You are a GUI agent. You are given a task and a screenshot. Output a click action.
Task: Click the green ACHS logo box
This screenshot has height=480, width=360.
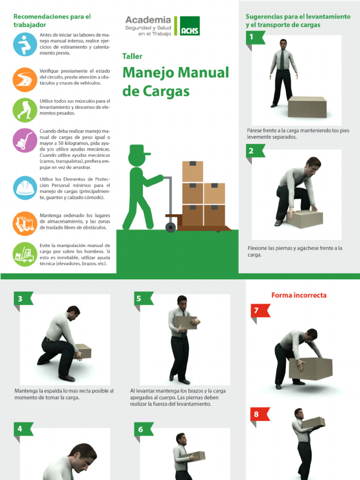(190, 26)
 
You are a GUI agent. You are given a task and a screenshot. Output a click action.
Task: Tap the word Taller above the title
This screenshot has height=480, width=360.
(132, 56)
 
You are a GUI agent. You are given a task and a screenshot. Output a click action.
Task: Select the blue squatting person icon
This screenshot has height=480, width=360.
(24, 45)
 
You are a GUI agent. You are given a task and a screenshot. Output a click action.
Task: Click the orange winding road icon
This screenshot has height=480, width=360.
(24, 79)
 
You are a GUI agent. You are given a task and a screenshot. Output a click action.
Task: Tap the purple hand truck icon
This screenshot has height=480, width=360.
(24, 140)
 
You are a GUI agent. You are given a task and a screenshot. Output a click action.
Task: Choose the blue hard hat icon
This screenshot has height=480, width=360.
(24, 188)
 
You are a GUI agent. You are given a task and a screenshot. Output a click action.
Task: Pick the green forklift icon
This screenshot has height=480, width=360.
(24, 254)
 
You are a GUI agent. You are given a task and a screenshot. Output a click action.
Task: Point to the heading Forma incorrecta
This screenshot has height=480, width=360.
(299, 295)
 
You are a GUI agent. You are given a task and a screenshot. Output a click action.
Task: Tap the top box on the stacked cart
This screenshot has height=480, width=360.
(192, 172)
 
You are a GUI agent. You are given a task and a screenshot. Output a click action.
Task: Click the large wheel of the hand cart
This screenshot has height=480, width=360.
(171, 227)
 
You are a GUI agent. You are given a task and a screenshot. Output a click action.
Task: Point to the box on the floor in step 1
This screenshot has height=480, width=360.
(307, 107)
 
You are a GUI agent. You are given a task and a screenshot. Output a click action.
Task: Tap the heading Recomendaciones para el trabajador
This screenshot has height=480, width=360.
(52, 20)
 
